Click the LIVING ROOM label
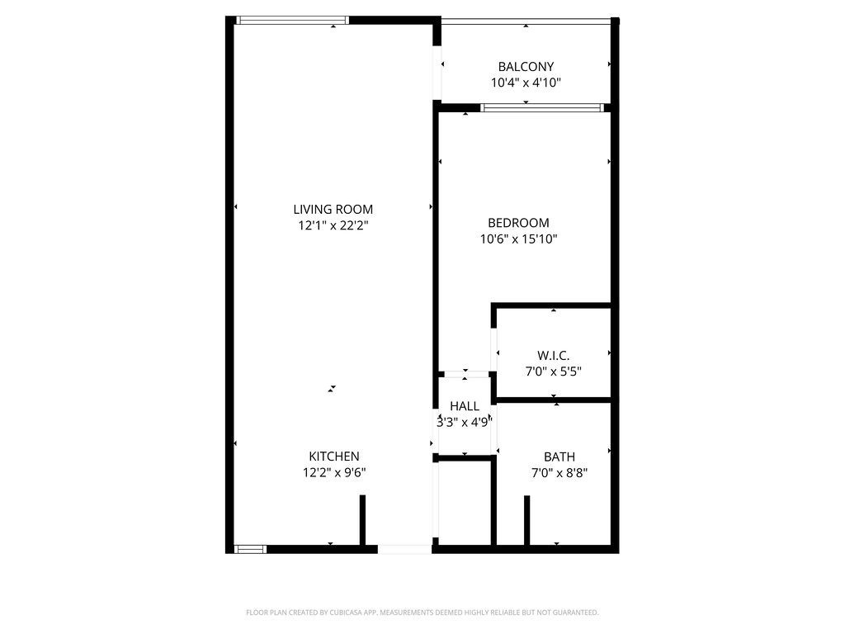coord(333,209)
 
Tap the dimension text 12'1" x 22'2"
coord(333,225)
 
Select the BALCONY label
coord(526,67)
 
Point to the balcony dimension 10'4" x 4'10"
coord(526,83)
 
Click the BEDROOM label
coord(518,223)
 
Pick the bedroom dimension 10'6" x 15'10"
coord(518,239)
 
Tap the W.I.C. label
coord(553,356)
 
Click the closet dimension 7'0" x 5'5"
coord(553,371)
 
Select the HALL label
coord(465,406)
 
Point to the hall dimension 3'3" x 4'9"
coord(465,422)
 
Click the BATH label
coord(559,457)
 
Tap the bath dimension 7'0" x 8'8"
coord(559,473)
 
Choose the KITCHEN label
coord(334,456)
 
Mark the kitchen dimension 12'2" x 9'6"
coord(334,472)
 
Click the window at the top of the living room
coord(292,21)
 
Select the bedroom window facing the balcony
coord(543,108)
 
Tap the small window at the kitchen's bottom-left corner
coord(251,549)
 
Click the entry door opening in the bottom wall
coord(404,549)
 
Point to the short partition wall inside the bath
coord(527,521)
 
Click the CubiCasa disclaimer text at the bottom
coord(422,613)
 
